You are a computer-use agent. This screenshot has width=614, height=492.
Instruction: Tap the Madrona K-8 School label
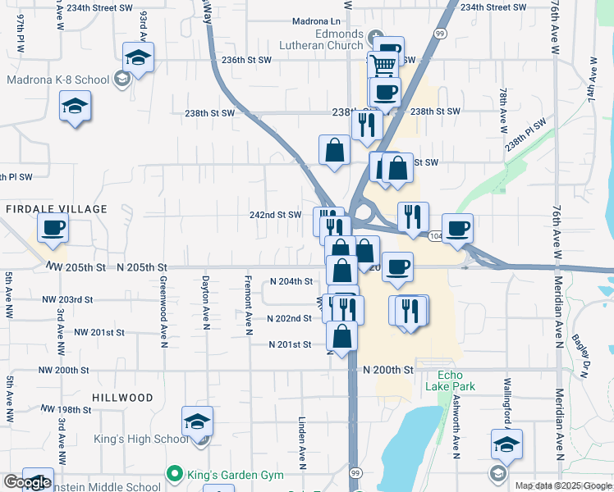[x=57, y=80]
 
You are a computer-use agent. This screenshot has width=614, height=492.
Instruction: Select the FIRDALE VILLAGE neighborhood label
[x=57, y=209]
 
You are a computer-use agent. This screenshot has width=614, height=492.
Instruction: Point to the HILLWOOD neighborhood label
[x=122, y=398]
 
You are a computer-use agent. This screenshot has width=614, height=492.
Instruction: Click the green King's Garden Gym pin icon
[x=174, y=475]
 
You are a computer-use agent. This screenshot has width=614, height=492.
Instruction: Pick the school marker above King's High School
[x=197, y=421]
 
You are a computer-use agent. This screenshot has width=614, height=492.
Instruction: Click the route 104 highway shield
[x=435, y=235]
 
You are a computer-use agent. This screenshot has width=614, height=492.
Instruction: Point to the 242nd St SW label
[x=276, y=215]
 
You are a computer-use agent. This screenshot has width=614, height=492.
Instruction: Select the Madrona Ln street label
[x=316, y=21]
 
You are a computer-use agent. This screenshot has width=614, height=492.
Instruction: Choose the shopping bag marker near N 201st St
[x=341, y=335]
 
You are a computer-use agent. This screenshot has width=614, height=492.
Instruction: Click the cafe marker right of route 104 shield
[x=457, y=227]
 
